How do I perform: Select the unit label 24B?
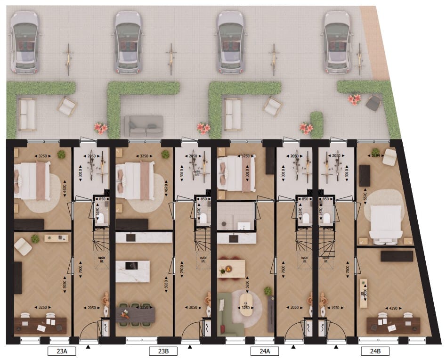pyautogui.click(x=375, y=351)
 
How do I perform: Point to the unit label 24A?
pyautogui.click(x=264, y=351)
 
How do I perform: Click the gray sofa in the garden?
pyautogui.click(x=143, y=126)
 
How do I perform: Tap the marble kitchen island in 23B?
pyautogui.click(x=132, y=271)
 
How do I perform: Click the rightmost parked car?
pyautogui.click(x=337, y=42)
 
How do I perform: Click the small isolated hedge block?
pyautogui.click(x=317, y=124)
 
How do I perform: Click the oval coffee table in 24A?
pyautogui.click(x=245, y=303)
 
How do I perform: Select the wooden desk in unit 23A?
pyautogui.click(x=40, y=324)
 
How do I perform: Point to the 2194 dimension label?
pyautogui.click(x=376, y=155)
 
